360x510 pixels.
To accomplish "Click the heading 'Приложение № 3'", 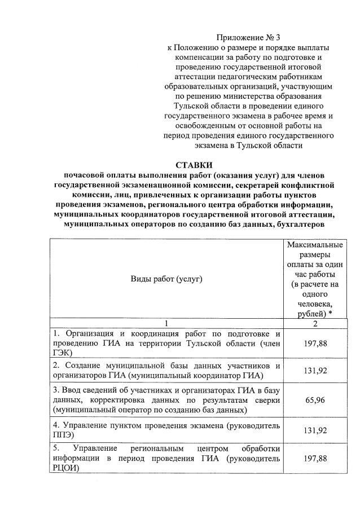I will coord(248,37).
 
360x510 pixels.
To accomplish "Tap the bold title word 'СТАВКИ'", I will coord(194,165).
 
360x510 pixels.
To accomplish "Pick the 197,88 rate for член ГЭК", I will coord(315,343).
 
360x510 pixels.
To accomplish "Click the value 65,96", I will coord(315,403).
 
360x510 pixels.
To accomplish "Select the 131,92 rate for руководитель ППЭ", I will coord(315,430).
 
